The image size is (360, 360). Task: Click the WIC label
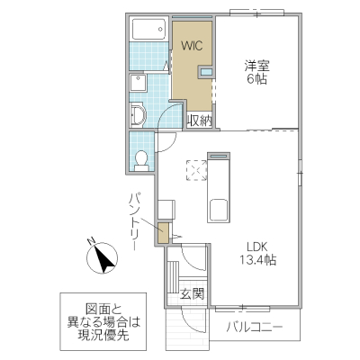(x=192, y=44)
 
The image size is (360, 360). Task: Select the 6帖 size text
(x=258, y=79)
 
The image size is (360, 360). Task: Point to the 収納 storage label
(x=199, y=120)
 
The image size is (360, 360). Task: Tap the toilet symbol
(x=140, y=159)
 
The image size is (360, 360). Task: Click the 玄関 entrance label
(x=191, y=292)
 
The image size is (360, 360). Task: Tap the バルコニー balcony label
(x=255, y=325)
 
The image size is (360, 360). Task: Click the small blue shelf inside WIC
(x=206, y=70)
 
